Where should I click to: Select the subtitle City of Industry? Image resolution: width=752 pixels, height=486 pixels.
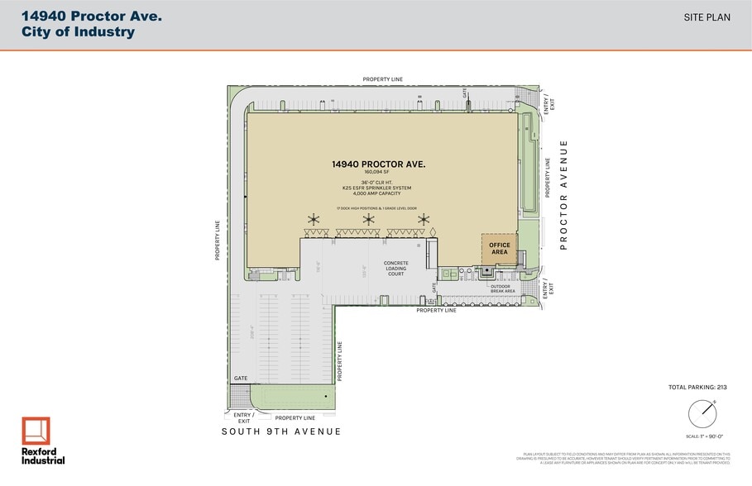(x=78, y=32)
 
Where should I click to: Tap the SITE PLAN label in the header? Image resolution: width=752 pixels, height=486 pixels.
(x=707, y=17)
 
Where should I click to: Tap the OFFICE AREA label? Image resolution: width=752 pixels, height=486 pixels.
(x=499, y=249)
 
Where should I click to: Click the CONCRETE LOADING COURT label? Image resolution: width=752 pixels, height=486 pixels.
(x=395, y=269)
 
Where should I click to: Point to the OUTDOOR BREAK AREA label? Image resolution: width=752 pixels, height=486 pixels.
(x=503, y=288)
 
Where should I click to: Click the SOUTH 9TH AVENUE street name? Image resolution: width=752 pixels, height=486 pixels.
(x=280, y=431)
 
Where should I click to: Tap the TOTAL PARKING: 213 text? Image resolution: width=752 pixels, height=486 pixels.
(x=697, y=387)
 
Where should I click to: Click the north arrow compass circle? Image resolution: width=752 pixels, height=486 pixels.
(x=701, y=412)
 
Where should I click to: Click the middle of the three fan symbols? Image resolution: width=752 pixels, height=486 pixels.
(x=369, y=219)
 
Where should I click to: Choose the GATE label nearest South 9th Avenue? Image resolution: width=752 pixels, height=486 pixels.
(x=241, y=378)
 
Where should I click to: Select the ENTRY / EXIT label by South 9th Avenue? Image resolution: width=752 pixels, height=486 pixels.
(x=243, y=417)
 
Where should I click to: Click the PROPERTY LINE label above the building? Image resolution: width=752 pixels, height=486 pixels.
(x=382, y=79)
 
